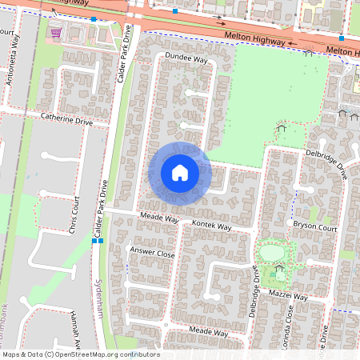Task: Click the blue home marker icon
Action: [x=180, y=172]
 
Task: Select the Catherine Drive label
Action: [x=67, y=122]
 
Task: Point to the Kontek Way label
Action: [x=212, y=227]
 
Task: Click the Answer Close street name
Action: [x=152, y=253]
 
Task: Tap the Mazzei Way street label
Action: [x=288, y=295]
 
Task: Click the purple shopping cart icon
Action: [x=55, y=33]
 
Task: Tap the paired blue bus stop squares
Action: [x=98, y=240]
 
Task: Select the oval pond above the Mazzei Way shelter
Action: [x=271, y=253]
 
